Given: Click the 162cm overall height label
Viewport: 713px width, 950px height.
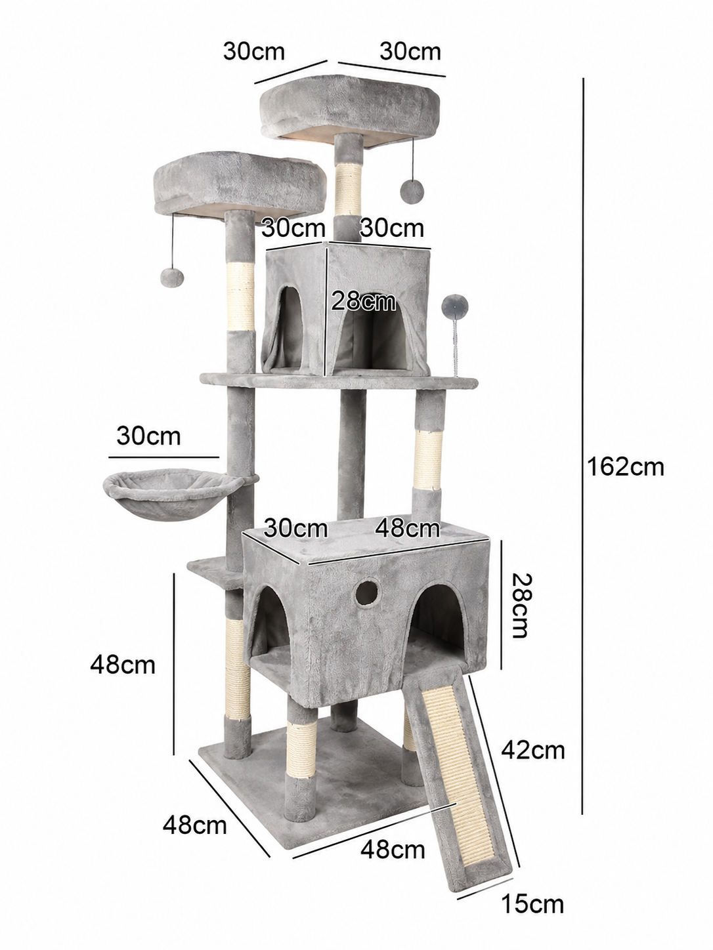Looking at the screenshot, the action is [625, 467].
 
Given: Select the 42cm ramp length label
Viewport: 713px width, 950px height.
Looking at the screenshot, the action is [533, 750].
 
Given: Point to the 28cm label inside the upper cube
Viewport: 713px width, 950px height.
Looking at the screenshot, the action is [364, 301].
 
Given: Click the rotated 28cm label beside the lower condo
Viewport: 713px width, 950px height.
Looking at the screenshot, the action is [519, 606].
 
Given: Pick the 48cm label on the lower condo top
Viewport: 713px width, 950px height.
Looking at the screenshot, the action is [407, 528].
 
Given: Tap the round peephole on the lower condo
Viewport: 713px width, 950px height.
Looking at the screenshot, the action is [366, 593].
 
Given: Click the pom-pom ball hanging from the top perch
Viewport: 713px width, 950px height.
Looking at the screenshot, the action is [412, 191].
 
